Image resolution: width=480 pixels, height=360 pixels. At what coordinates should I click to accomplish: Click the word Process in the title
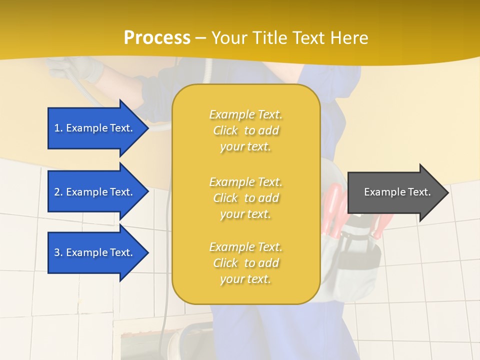(157, 38)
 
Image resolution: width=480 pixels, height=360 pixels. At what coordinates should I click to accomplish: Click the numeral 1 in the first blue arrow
(57, 128)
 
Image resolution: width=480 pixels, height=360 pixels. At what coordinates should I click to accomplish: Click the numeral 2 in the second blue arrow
(57, 192)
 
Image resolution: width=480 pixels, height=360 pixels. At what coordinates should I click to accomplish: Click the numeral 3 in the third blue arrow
(57, 252)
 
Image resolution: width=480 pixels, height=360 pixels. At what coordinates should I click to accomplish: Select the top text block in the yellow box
(245, 130)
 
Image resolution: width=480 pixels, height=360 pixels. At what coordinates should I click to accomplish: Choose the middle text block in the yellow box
(245, 198)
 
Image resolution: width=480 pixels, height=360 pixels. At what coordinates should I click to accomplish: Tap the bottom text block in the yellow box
(245, 263)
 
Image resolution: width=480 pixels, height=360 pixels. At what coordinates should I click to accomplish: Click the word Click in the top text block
(225, 130)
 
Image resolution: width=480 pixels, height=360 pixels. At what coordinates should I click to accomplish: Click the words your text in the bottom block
(245, 279)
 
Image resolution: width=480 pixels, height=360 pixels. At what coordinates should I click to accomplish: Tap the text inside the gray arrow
(397, 192)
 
